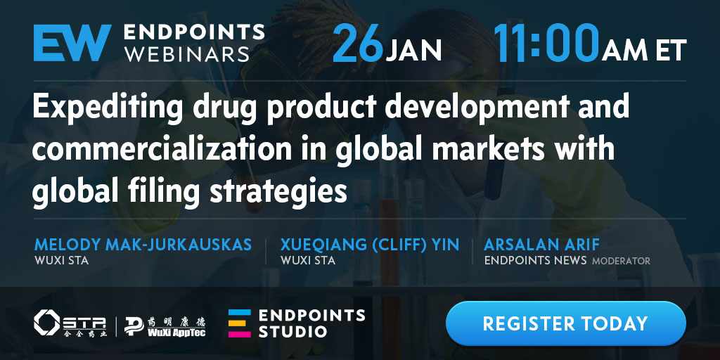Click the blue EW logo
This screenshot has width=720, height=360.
(72, 43)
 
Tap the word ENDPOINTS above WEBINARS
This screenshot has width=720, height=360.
(194, 32)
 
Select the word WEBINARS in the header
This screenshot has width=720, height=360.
(187, 53)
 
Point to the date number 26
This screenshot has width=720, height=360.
(358, 43)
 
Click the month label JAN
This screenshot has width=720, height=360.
(413, 50)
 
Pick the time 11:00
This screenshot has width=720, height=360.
(547, 43)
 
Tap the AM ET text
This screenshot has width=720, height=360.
(645, 50)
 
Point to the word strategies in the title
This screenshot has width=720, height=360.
(278, 190)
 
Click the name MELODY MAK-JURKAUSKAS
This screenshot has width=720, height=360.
(143, 245)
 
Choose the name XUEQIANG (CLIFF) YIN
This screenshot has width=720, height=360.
(370, 245)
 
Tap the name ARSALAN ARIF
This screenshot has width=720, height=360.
(542, 245)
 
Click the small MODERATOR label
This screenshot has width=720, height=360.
(621, 262)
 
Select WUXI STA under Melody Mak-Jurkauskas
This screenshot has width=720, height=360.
(62, 260)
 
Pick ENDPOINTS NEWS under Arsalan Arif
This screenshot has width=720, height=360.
(535, 260)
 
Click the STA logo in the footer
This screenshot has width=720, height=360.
(70, 323)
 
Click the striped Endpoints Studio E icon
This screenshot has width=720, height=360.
(240, 323)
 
